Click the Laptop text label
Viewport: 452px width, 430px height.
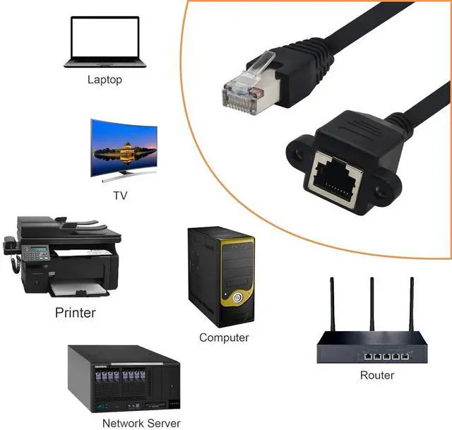(x=105, y=79)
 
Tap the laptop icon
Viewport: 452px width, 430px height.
(x=105, y=42)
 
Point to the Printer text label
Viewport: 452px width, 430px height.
(x=75, y=312)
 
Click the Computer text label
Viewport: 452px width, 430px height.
(x=224, y=338)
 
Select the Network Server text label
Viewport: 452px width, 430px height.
(x=141, y=423)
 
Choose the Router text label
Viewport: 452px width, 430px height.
(x=377, y=375)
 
